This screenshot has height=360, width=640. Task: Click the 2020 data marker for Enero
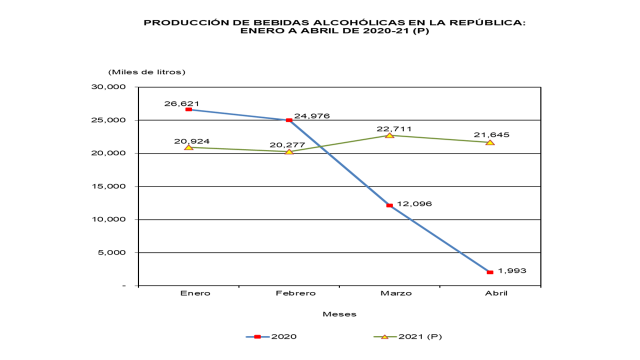[x=188, y=109]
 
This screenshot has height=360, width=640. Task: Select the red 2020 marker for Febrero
[x=289, y=120]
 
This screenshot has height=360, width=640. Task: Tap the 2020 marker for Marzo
[x=389, y=205]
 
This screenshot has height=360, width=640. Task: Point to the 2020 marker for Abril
[x=490, y=272]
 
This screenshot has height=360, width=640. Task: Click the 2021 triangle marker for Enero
[x=188, y=147]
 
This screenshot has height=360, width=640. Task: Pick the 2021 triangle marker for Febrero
[x=289, y=151]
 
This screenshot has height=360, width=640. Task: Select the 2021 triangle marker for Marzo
[x=389, y=135]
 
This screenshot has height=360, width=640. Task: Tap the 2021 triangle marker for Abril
[x=490, y=142]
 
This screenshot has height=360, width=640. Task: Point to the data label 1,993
[x=512, y=270]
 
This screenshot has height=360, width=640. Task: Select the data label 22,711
[x=394, y=128]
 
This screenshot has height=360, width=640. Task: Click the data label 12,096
[x=414, y=204]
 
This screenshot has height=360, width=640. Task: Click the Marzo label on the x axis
[x=395, y=293]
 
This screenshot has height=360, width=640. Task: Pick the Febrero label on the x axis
[x=295, y=293]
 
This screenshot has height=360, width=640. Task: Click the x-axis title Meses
[x=339, y=314]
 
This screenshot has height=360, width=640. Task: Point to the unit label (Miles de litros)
[x=146, y=72]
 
